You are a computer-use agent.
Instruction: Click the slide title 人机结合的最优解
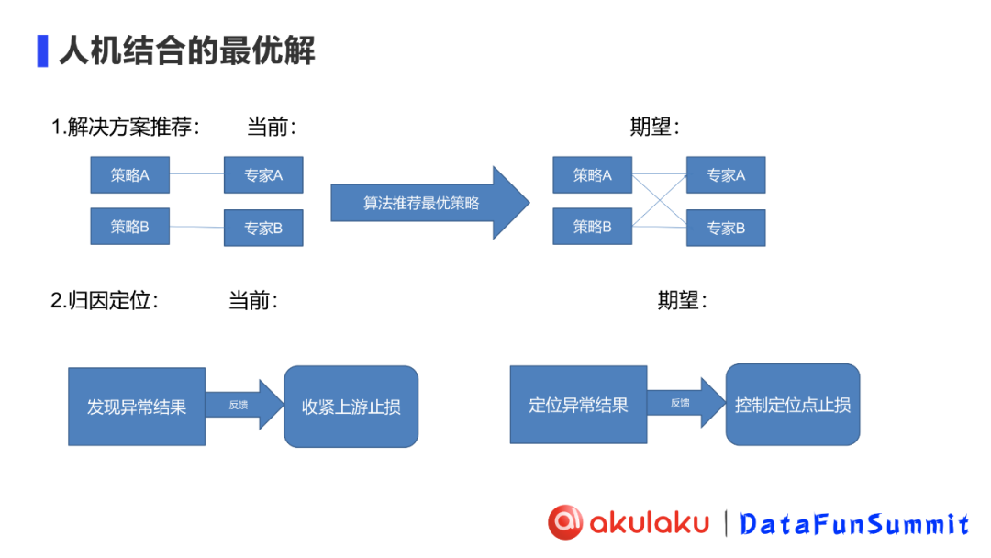click(x=186, y=51)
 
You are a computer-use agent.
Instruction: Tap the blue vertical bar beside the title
click(x=42, y=51)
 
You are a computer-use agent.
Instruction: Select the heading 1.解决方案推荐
click(x=125, y=128)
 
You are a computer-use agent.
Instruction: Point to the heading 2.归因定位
click(x=104, y=300)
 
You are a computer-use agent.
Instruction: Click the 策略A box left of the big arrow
click(x=129, y=174)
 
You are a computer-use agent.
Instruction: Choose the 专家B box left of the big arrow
click(x=263, y=228)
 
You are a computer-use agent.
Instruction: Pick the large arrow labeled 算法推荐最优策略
click(x=429, y=203)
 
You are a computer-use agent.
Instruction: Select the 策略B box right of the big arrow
click(x=592, y=226)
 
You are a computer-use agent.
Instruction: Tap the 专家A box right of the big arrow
click(x=725, y=174)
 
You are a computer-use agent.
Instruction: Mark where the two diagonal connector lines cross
click(x=659, y=201)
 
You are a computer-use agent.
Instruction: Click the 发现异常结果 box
click(x=137, y=407)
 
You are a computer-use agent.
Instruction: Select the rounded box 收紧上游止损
click(x=351, y=407)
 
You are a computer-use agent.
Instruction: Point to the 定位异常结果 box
click(x=578, y=405)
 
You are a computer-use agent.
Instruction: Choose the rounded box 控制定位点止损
click(x=792, y=405)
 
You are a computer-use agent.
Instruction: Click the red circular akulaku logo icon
click(x=565, y=522)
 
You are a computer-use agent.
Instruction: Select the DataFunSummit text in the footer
click(x=854, y=524)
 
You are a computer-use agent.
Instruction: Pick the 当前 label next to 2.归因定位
click(x=252, y=300)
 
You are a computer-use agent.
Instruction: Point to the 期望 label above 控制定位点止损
click(x=681, y=300)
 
